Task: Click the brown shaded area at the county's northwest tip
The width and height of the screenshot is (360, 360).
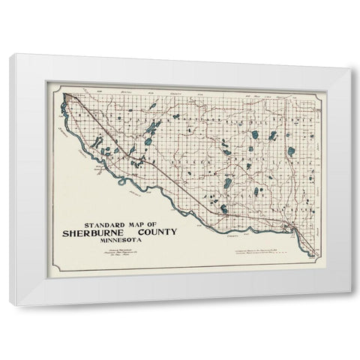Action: (68, 97)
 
